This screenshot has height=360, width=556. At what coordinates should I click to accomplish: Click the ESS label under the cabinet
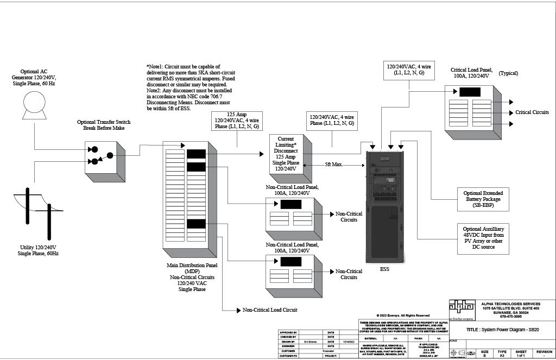tap(384, 268)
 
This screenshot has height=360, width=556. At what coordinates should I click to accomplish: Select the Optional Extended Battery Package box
tap(482, 199)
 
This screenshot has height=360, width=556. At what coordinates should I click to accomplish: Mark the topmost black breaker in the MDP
tap(195, 154)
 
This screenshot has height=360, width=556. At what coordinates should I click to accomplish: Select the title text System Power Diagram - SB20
tap(502, 330)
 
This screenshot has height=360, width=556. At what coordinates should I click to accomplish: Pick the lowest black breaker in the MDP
tap(195, 224)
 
